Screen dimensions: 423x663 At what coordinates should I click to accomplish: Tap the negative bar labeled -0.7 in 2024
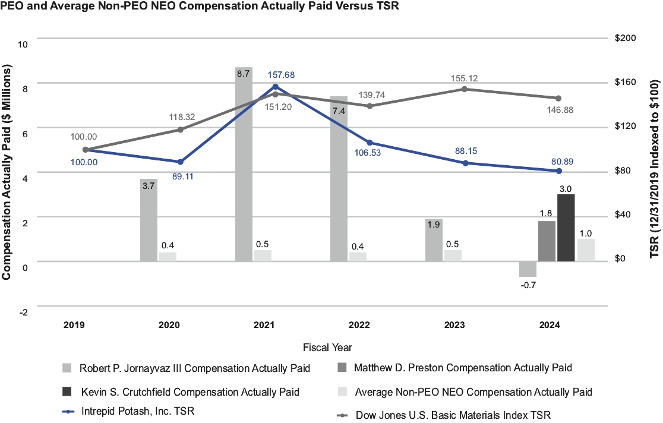[528, 269]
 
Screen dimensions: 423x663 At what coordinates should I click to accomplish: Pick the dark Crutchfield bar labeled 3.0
[566, 228]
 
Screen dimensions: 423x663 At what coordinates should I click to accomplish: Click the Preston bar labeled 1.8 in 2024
[547, 241]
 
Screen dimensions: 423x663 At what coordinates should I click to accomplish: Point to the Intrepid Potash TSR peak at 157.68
[275, 87]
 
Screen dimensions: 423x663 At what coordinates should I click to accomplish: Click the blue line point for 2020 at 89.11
[180, 162]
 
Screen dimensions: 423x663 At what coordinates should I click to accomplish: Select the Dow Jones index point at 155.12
[465, 89]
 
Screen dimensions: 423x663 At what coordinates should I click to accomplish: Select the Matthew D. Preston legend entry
[462, 368]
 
